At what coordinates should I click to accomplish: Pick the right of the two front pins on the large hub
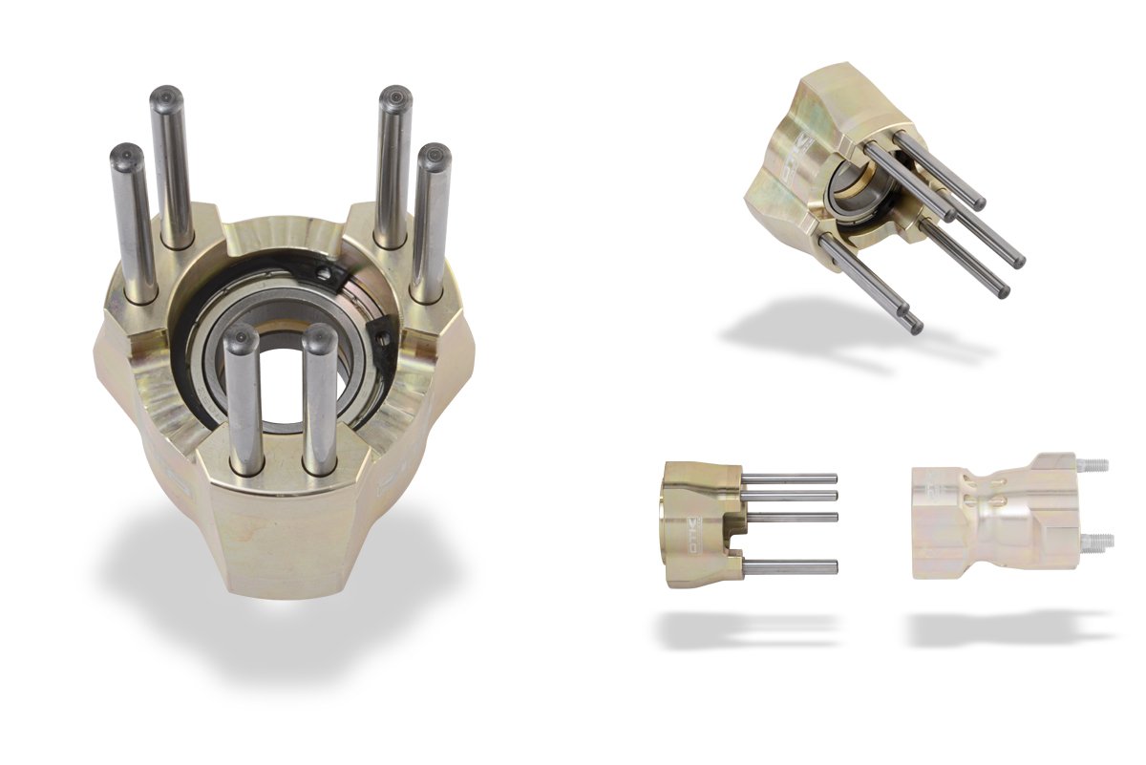click(x=319, y=401)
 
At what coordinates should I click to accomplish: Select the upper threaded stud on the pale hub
click(x=1097, y=465)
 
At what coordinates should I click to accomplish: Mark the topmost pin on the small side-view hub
click(x=788, y=478)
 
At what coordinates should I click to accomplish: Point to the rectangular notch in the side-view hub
click(x=733, y=547)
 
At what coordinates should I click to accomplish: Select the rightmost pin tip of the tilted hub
click(x=1018, y=261)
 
